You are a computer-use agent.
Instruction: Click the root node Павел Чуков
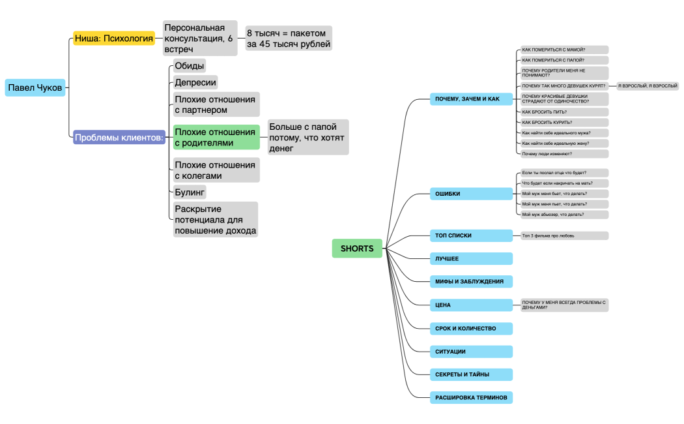35,87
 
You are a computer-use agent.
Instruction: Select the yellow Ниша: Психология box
114,38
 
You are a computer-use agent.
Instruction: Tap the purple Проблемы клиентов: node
119,138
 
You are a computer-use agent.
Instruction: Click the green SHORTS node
357,248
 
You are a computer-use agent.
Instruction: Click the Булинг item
190,192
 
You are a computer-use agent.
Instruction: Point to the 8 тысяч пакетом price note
288,38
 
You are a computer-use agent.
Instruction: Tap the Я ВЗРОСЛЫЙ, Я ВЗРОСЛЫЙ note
647,86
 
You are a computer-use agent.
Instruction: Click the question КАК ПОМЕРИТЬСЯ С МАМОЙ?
564,50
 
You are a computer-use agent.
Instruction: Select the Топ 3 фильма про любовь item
564,235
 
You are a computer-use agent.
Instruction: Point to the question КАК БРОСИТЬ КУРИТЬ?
564,122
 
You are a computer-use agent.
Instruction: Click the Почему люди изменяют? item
564,154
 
